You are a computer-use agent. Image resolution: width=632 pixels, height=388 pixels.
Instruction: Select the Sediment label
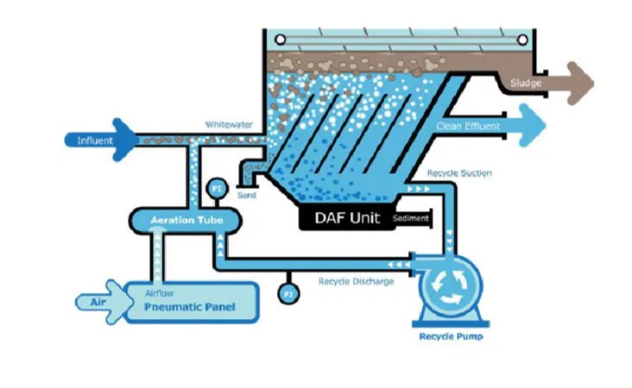coord(411,218)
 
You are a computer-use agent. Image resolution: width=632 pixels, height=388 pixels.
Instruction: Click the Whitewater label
coord(229,124)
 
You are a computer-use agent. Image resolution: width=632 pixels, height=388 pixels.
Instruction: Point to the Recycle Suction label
coord(459,173)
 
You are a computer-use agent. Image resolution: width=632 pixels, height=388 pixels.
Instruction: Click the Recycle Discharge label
coord(356,281)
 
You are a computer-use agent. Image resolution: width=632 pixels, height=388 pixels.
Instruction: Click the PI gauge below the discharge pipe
coord(288,294)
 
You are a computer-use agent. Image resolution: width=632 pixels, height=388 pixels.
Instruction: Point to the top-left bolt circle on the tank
coord(279,39)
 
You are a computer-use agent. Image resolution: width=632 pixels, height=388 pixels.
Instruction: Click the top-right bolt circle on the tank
coord(524,39)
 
